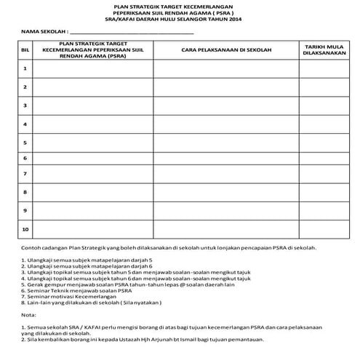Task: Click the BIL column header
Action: pos(25,49)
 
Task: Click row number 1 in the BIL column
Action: pos(25,68)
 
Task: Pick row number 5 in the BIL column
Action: pos(25,142)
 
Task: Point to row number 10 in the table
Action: pos(25,230)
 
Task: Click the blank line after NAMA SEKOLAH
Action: pos(132,33)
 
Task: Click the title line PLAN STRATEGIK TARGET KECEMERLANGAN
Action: pos(180,7)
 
